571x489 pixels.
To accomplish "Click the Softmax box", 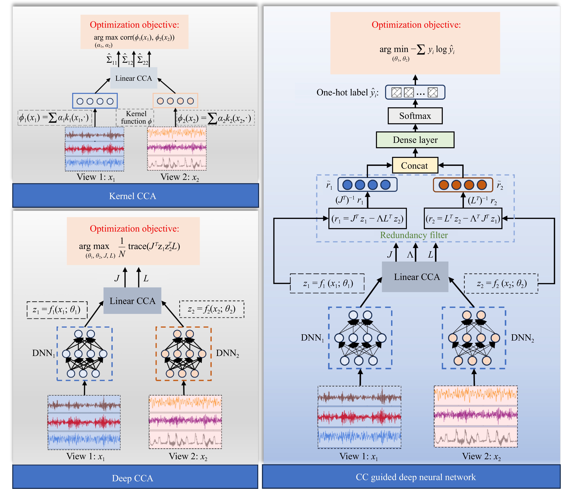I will pyautogui.click(x=415, y=116).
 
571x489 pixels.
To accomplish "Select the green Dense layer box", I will pyautogui.click(x=415, y=140).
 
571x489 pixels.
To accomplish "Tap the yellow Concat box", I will pyautogui.click(x=415, y=166).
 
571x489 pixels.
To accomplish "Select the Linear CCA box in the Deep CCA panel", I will pyautogui.click(x=132, y=301).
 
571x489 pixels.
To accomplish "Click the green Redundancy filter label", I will pyautogui.click(x=414, y=235).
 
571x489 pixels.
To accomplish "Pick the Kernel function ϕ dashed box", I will pyautogui.click(x=135, y=117).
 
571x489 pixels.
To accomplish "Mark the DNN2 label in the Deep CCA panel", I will pyautogui.click(x=227, y=353).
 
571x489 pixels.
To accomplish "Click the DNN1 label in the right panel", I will pyautogui.click(x=312, y=338).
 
